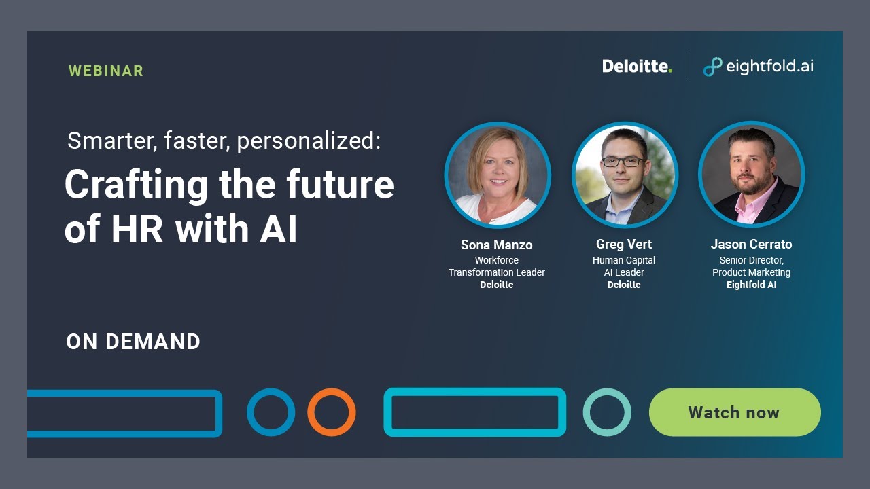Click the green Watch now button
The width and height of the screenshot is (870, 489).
pyautogui.click(x=735, y=412)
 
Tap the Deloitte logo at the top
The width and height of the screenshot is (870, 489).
pyautogui.click(x=637, y=67)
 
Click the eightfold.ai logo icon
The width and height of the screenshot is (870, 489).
pyautogui.click(x=712, y=67)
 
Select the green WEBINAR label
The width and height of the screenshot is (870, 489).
pyautogui.click(x=106, y=71)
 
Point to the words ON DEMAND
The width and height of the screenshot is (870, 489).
pyautogui.click(x=133, y=342)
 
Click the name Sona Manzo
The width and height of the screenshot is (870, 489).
pyautogui.click(x=497, y=244)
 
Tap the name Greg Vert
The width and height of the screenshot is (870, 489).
pyautogui.click(x=624, y=244)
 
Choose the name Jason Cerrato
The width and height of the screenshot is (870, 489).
pyautogui.click(x=751, y=244)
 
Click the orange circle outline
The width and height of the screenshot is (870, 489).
pyautogui.click(x=332, y=412)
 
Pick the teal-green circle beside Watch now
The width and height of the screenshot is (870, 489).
pyautogui.click(x=607, y=412)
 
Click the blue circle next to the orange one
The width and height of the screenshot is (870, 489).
pyautogui.click(x=271, y=412)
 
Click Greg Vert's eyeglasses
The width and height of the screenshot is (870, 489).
pyautogui.click(x=623, y=162)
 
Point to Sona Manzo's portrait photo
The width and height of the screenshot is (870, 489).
pyautogui.click(x=498, y=175)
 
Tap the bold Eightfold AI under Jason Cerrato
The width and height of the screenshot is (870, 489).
pyautogui.click(x=751, y=285)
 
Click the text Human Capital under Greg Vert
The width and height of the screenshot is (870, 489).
pyautogui.click(x=624, y=260)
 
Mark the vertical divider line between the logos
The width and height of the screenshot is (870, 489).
pyautogui.click(x=689, y=67)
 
